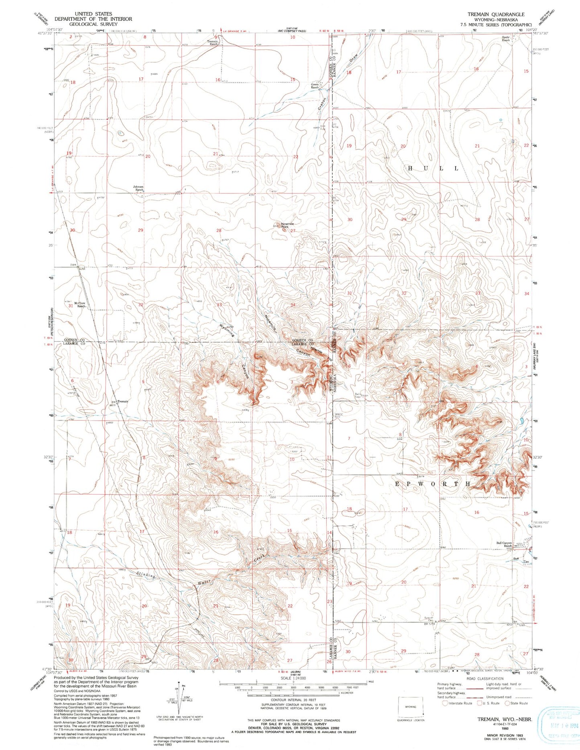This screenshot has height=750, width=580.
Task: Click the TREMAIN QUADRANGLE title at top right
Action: pyautogui.click(x=496, y=14)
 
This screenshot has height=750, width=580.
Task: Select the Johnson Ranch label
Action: pyautogui.click(x=138, y=188)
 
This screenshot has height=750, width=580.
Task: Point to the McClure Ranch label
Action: pyautogui.click(x=79, y=304)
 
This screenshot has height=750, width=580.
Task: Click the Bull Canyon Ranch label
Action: pyautogui.click(x=504, y=544)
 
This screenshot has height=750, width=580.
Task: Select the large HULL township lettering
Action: pyautogui.click(x=433, y=169)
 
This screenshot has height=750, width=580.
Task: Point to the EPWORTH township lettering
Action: pyautogui.click(x=433, y=484)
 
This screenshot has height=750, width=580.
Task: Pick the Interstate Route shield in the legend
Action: pyautogui.click(x=445, y=703)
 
